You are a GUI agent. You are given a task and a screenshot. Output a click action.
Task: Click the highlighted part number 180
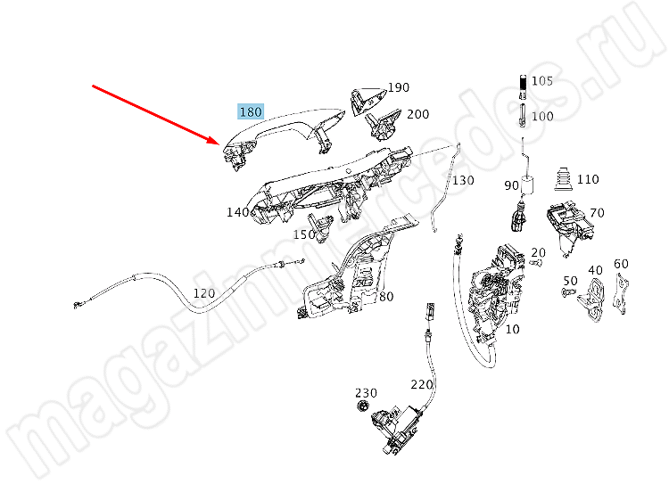(x=250, y=112)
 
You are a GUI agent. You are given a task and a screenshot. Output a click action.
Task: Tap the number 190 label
(x=398, y=87)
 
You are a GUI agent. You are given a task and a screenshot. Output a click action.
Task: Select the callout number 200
(x=417, y=114)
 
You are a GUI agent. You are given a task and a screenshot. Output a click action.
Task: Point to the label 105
(x=541, y=80)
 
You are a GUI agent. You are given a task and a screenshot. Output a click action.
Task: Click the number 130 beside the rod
(x=463, y=180)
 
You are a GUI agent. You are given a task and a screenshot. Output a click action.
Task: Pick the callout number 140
(x=237, y=212)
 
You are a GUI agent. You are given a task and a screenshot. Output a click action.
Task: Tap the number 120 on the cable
(x=204, y=292)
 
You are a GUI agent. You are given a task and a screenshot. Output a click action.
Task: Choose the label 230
(x=366, y=393)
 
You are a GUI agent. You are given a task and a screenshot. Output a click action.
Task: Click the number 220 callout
(x=421, y=385)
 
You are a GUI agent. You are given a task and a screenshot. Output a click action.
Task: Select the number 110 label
(x=588, y=179)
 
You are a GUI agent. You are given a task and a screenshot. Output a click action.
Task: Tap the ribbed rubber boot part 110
(x=562, y=180)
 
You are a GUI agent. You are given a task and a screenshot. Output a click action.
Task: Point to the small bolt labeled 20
(x=536, y=262)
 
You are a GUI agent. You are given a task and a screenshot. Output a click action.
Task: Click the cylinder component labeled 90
(x=527, y=188)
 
